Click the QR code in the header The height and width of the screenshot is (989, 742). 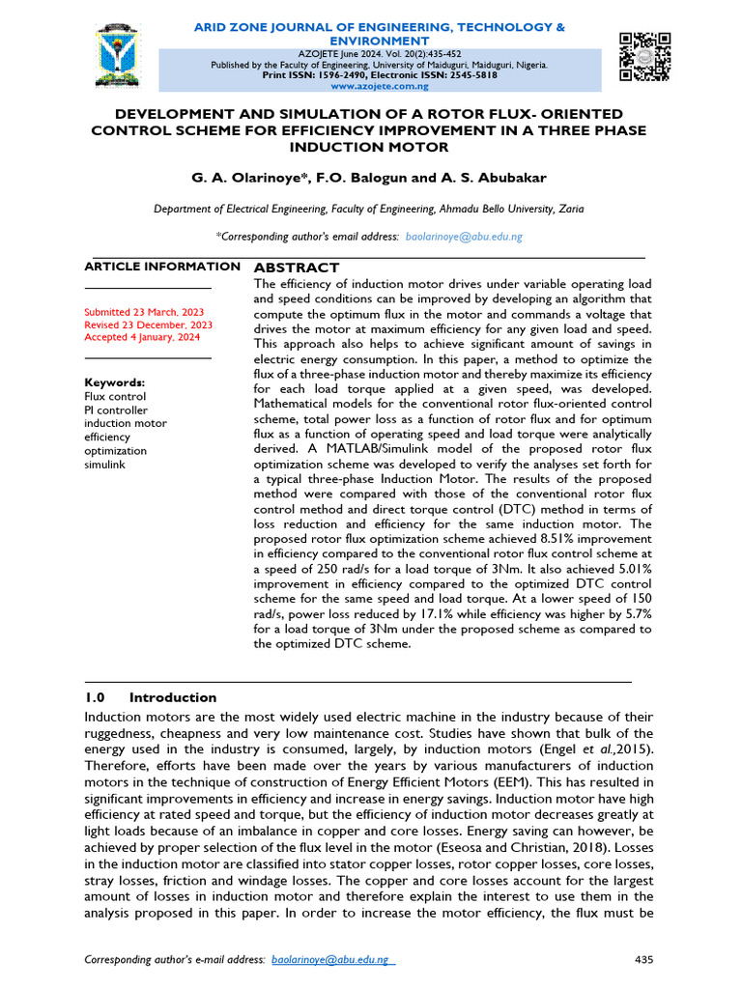point(644,56)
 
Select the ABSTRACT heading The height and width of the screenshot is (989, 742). point(296,268)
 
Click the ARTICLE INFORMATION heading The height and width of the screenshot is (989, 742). point(162,267)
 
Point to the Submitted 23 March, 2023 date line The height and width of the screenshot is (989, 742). point(144,313)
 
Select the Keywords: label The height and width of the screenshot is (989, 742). point(115,382)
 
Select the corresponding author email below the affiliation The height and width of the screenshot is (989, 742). point(465,237)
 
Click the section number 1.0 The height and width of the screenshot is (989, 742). point(94,697)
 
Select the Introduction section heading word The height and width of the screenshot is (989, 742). point(173,697)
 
